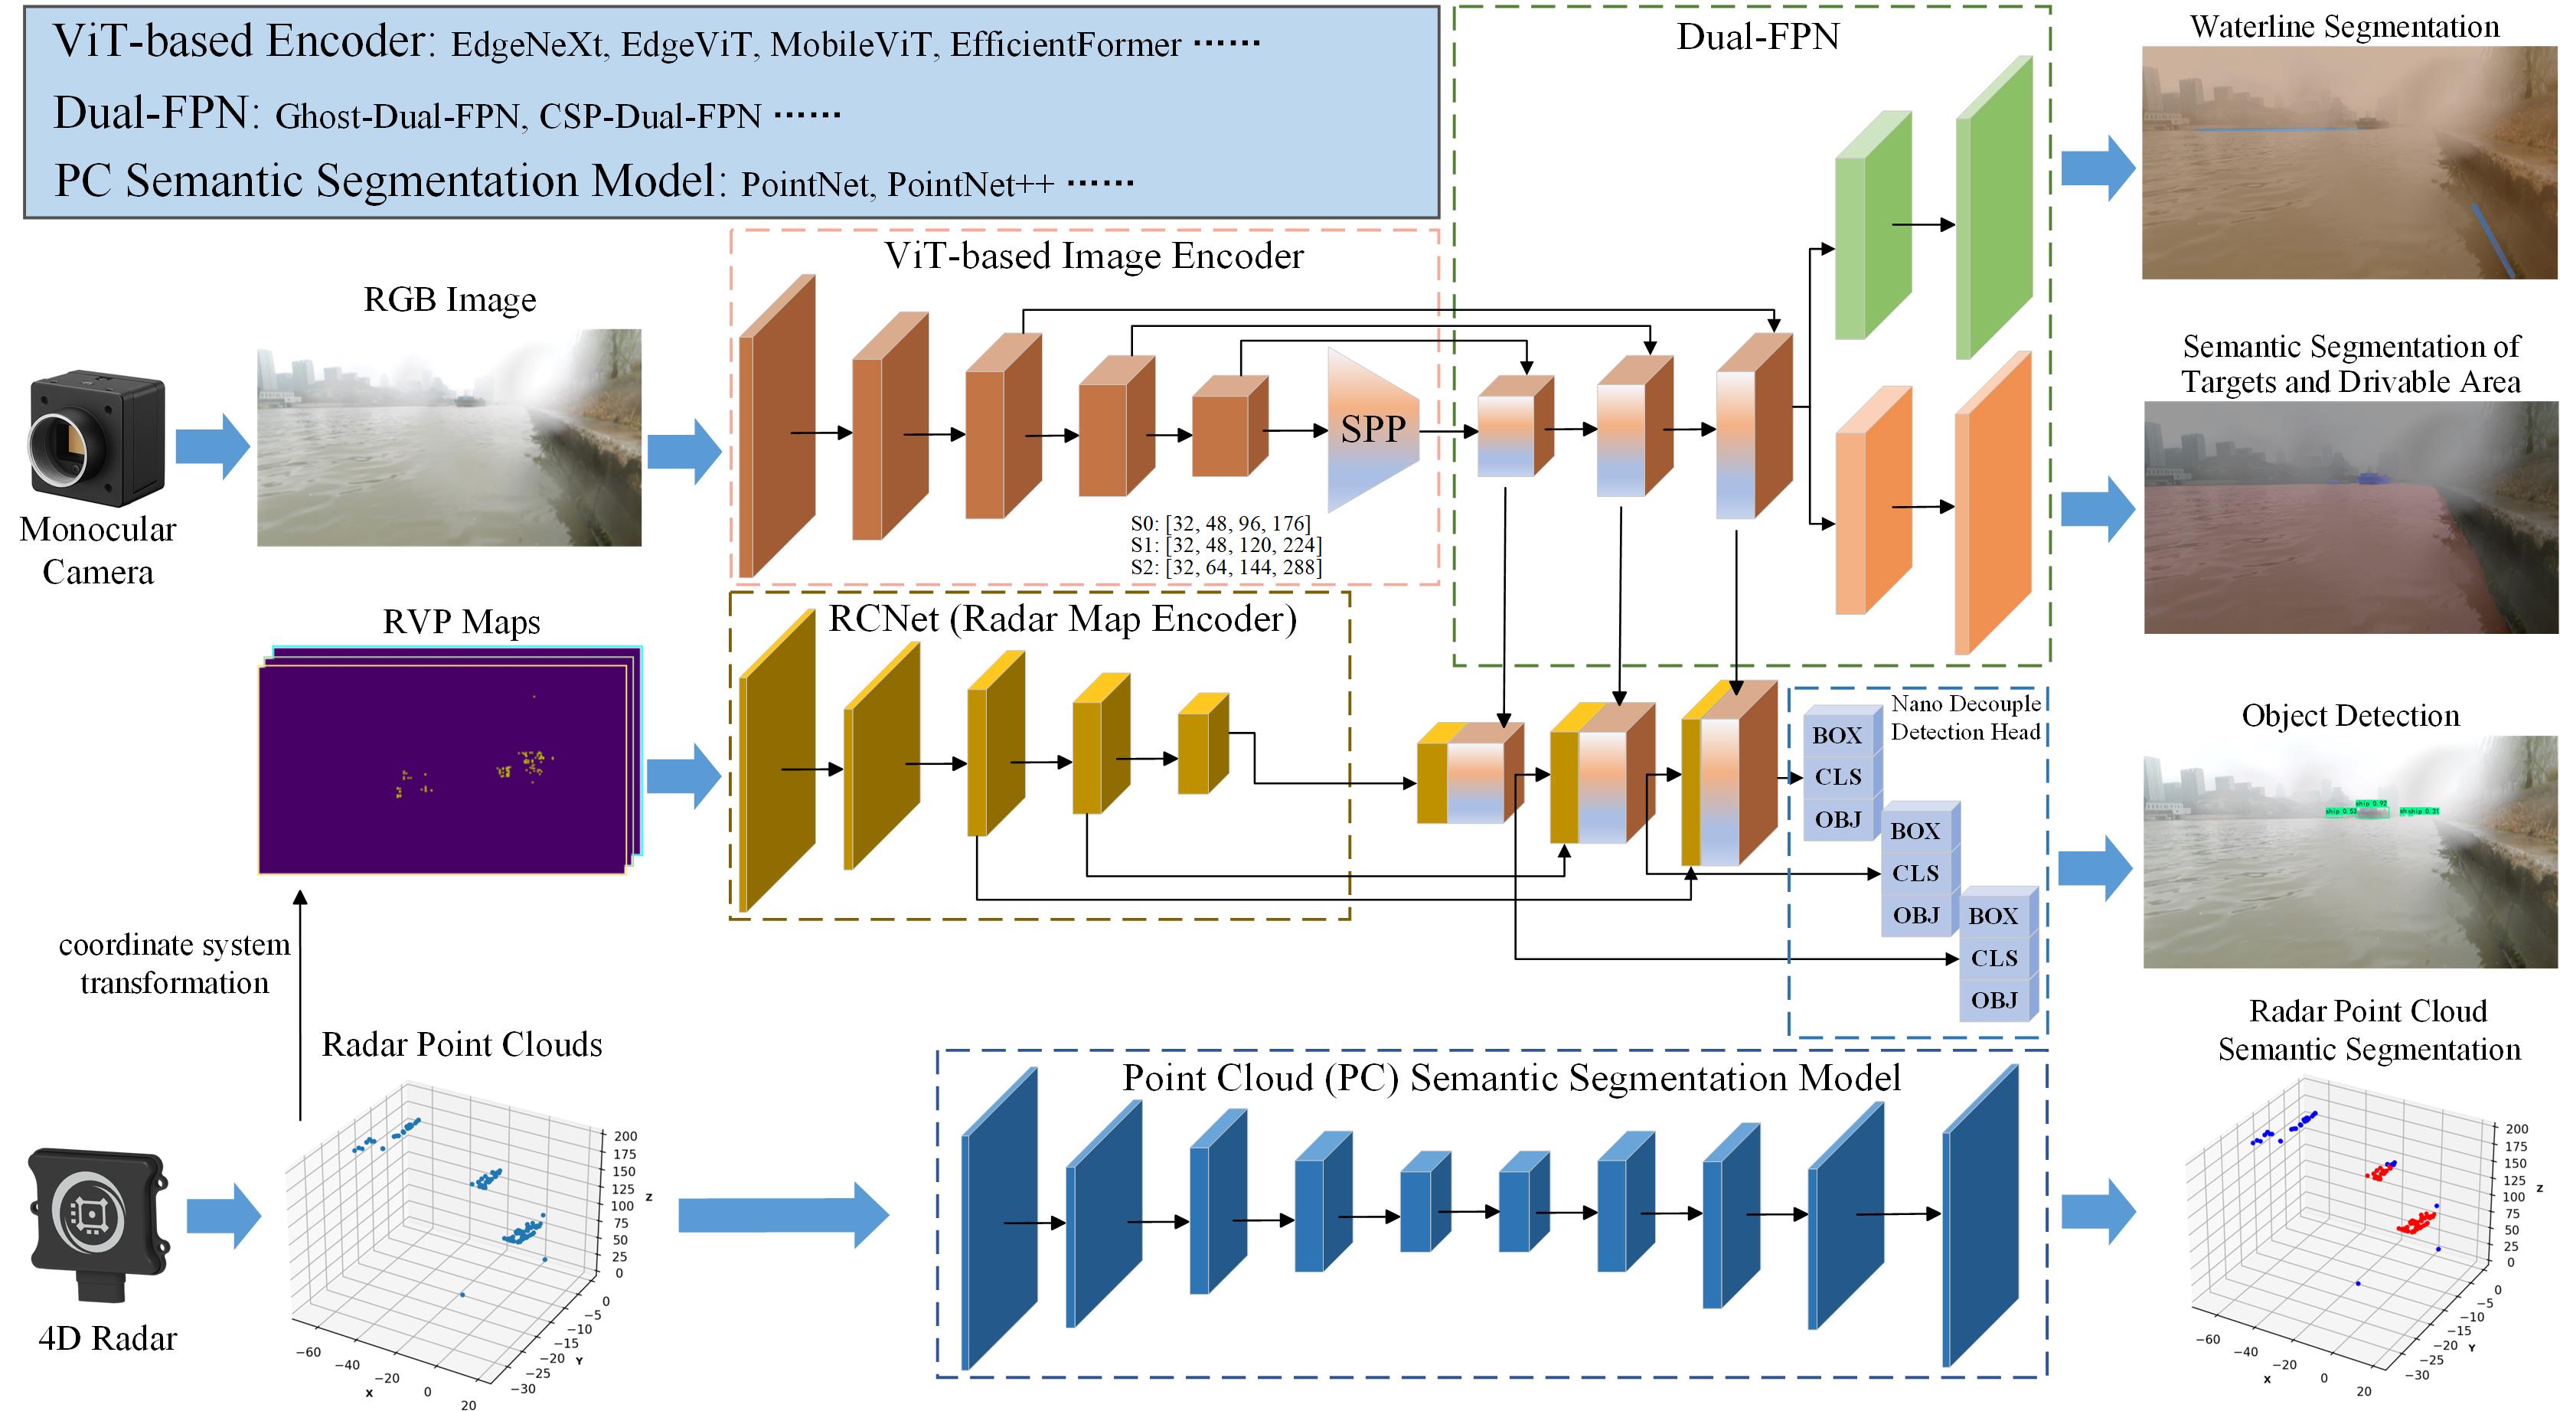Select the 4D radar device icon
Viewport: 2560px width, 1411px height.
point(97,1224)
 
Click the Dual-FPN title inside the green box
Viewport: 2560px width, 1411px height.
point(1757,37)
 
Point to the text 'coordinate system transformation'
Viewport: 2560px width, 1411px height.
point(174,963)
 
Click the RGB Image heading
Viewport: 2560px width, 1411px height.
point(449,299)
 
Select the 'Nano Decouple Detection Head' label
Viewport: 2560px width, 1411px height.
point(1964,717)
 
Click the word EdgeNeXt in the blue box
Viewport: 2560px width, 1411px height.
point(527,44)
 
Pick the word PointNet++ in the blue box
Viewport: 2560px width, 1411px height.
point(970,185)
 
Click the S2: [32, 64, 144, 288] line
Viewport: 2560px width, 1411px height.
point(1226,567)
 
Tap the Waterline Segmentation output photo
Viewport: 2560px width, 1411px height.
point(2349,162)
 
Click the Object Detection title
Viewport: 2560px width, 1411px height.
point(2349,715)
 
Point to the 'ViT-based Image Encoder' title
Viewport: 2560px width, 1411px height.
point(1093,256)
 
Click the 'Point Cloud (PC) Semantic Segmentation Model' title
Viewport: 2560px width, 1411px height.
point(1510,1078)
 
